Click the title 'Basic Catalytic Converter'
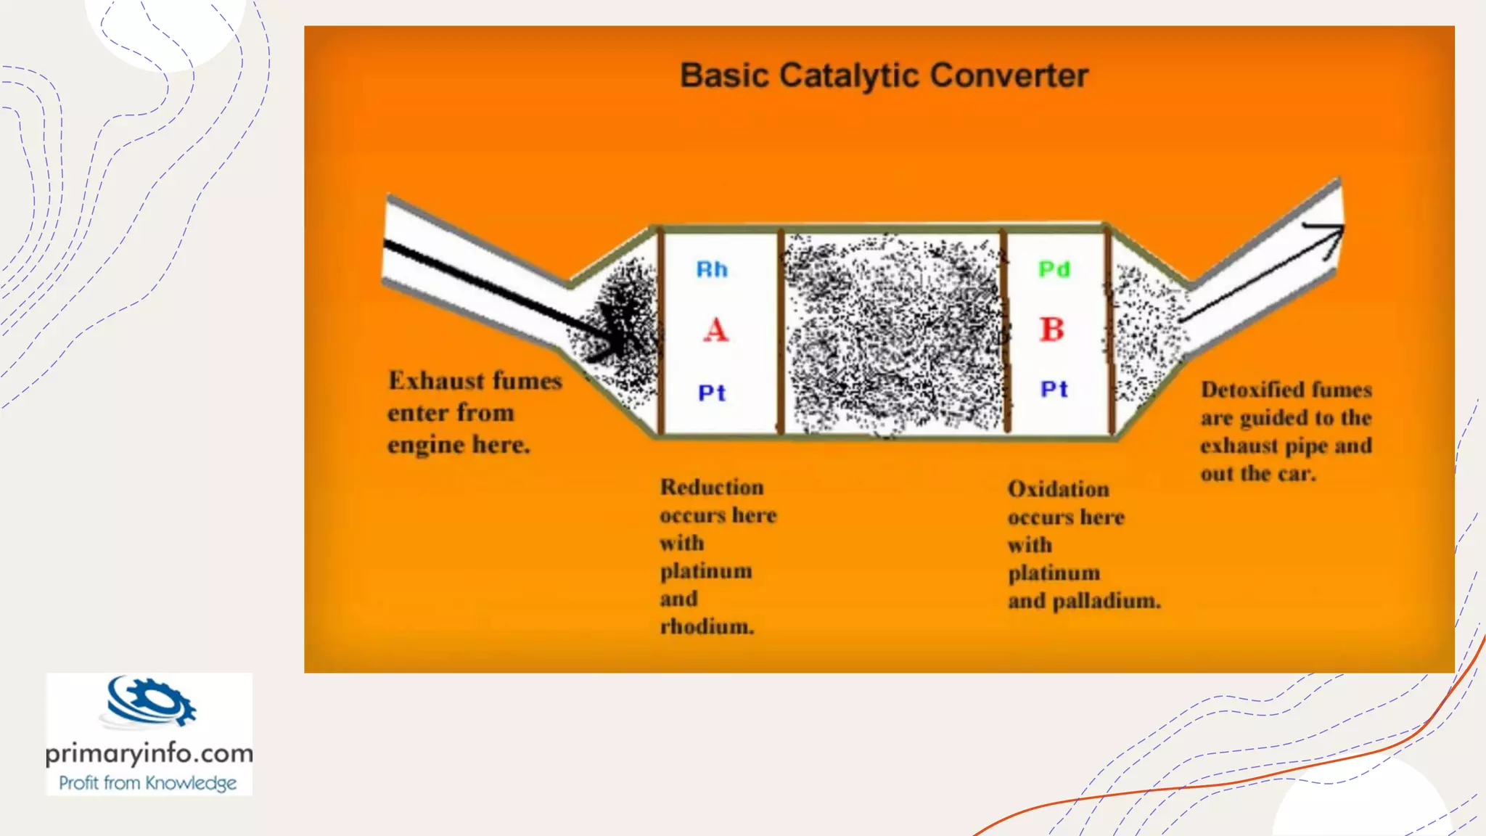(884, 75)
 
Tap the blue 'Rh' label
(712, 270)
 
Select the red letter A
(715, 330)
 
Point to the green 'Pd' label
(1054, 270)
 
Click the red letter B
(1052, 330)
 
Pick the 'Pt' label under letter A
(712, 393)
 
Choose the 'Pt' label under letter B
(1054, 390)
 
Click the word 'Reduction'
(712, 487)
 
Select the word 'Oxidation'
(1058, 489)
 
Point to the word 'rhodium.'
(707, 626)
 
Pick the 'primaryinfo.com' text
(149, 753)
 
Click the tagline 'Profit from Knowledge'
(148, 783)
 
